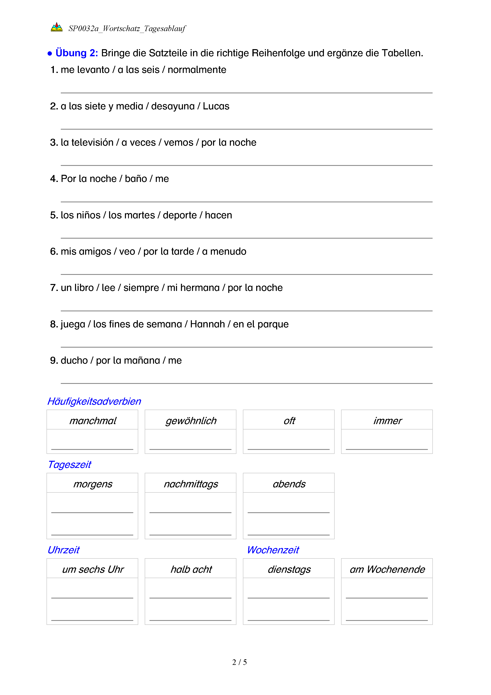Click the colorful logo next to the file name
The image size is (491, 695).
57,28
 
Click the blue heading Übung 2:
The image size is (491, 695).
76,53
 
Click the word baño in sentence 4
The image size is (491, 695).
136,179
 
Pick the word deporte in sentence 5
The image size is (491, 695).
180,215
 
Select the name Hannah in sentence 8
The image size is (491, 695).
207,324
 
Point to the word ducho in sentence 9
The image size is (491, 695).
74,360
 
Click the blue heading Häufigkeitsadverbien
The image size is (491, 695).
94,401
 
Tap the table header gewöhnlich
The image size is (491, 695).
191,421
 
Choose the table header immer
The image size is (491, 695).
387,421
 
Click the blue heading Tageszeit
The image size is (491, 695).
69,465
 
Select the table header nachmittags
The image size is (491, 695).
191,484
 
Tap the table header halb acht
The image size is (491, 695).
191,569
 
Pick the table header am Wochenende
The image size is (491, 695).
387,569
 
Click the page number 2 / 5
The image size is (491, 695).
239,662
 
